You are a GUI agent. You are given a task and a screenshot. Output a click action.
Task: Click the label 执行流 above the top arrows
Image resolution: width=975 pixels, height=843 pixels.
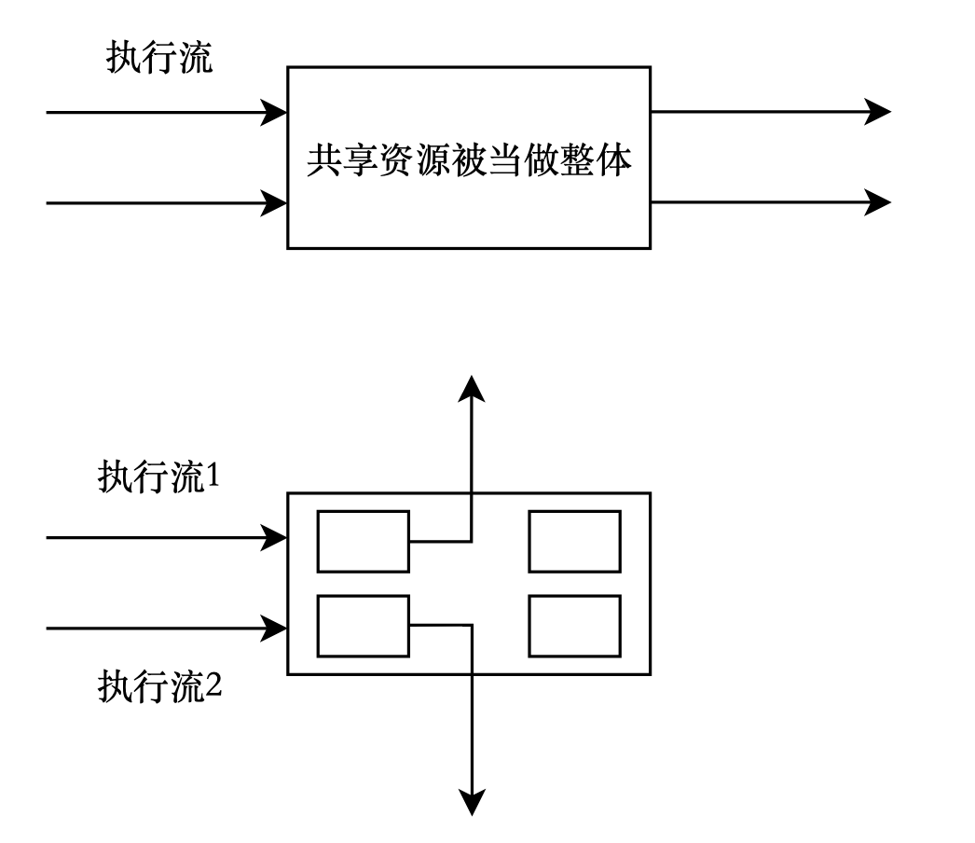click(159, 59)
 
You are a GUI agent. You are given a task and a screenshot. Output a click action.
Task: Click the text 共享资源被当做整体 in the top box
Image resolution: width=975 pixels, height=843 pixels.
click(470, 162)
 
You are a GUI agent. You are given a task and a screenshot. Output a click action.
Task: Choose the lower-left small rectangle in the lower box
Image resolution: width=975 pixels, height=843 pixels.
click(364, 626)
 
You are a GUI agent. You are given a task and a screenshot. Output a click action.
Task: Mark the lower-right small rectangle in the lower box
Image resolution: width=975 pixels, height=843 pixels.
click(574, 626)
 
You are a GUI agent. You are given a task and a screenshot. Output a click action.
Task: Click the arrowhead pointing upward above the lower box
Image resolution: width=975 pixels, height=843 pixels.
click(474, 388)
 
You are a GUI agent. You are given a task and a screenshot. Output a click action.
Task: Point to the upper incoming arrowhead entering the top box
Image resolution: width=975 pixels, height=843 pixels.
click(274, 113)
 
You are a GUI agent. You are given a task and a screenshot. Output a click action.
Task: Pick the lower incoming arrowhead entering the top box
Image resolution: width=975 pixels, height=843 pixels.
click(274, 202)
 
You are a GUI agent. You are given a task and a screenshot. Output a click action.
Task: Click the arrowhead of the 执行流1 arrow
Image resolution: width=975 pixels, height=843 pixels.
click(274, 537)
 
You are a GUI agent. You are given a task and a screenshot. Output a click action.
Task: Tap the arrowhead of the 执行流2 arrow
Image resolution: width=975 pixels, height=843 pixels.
click(274, 628)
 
